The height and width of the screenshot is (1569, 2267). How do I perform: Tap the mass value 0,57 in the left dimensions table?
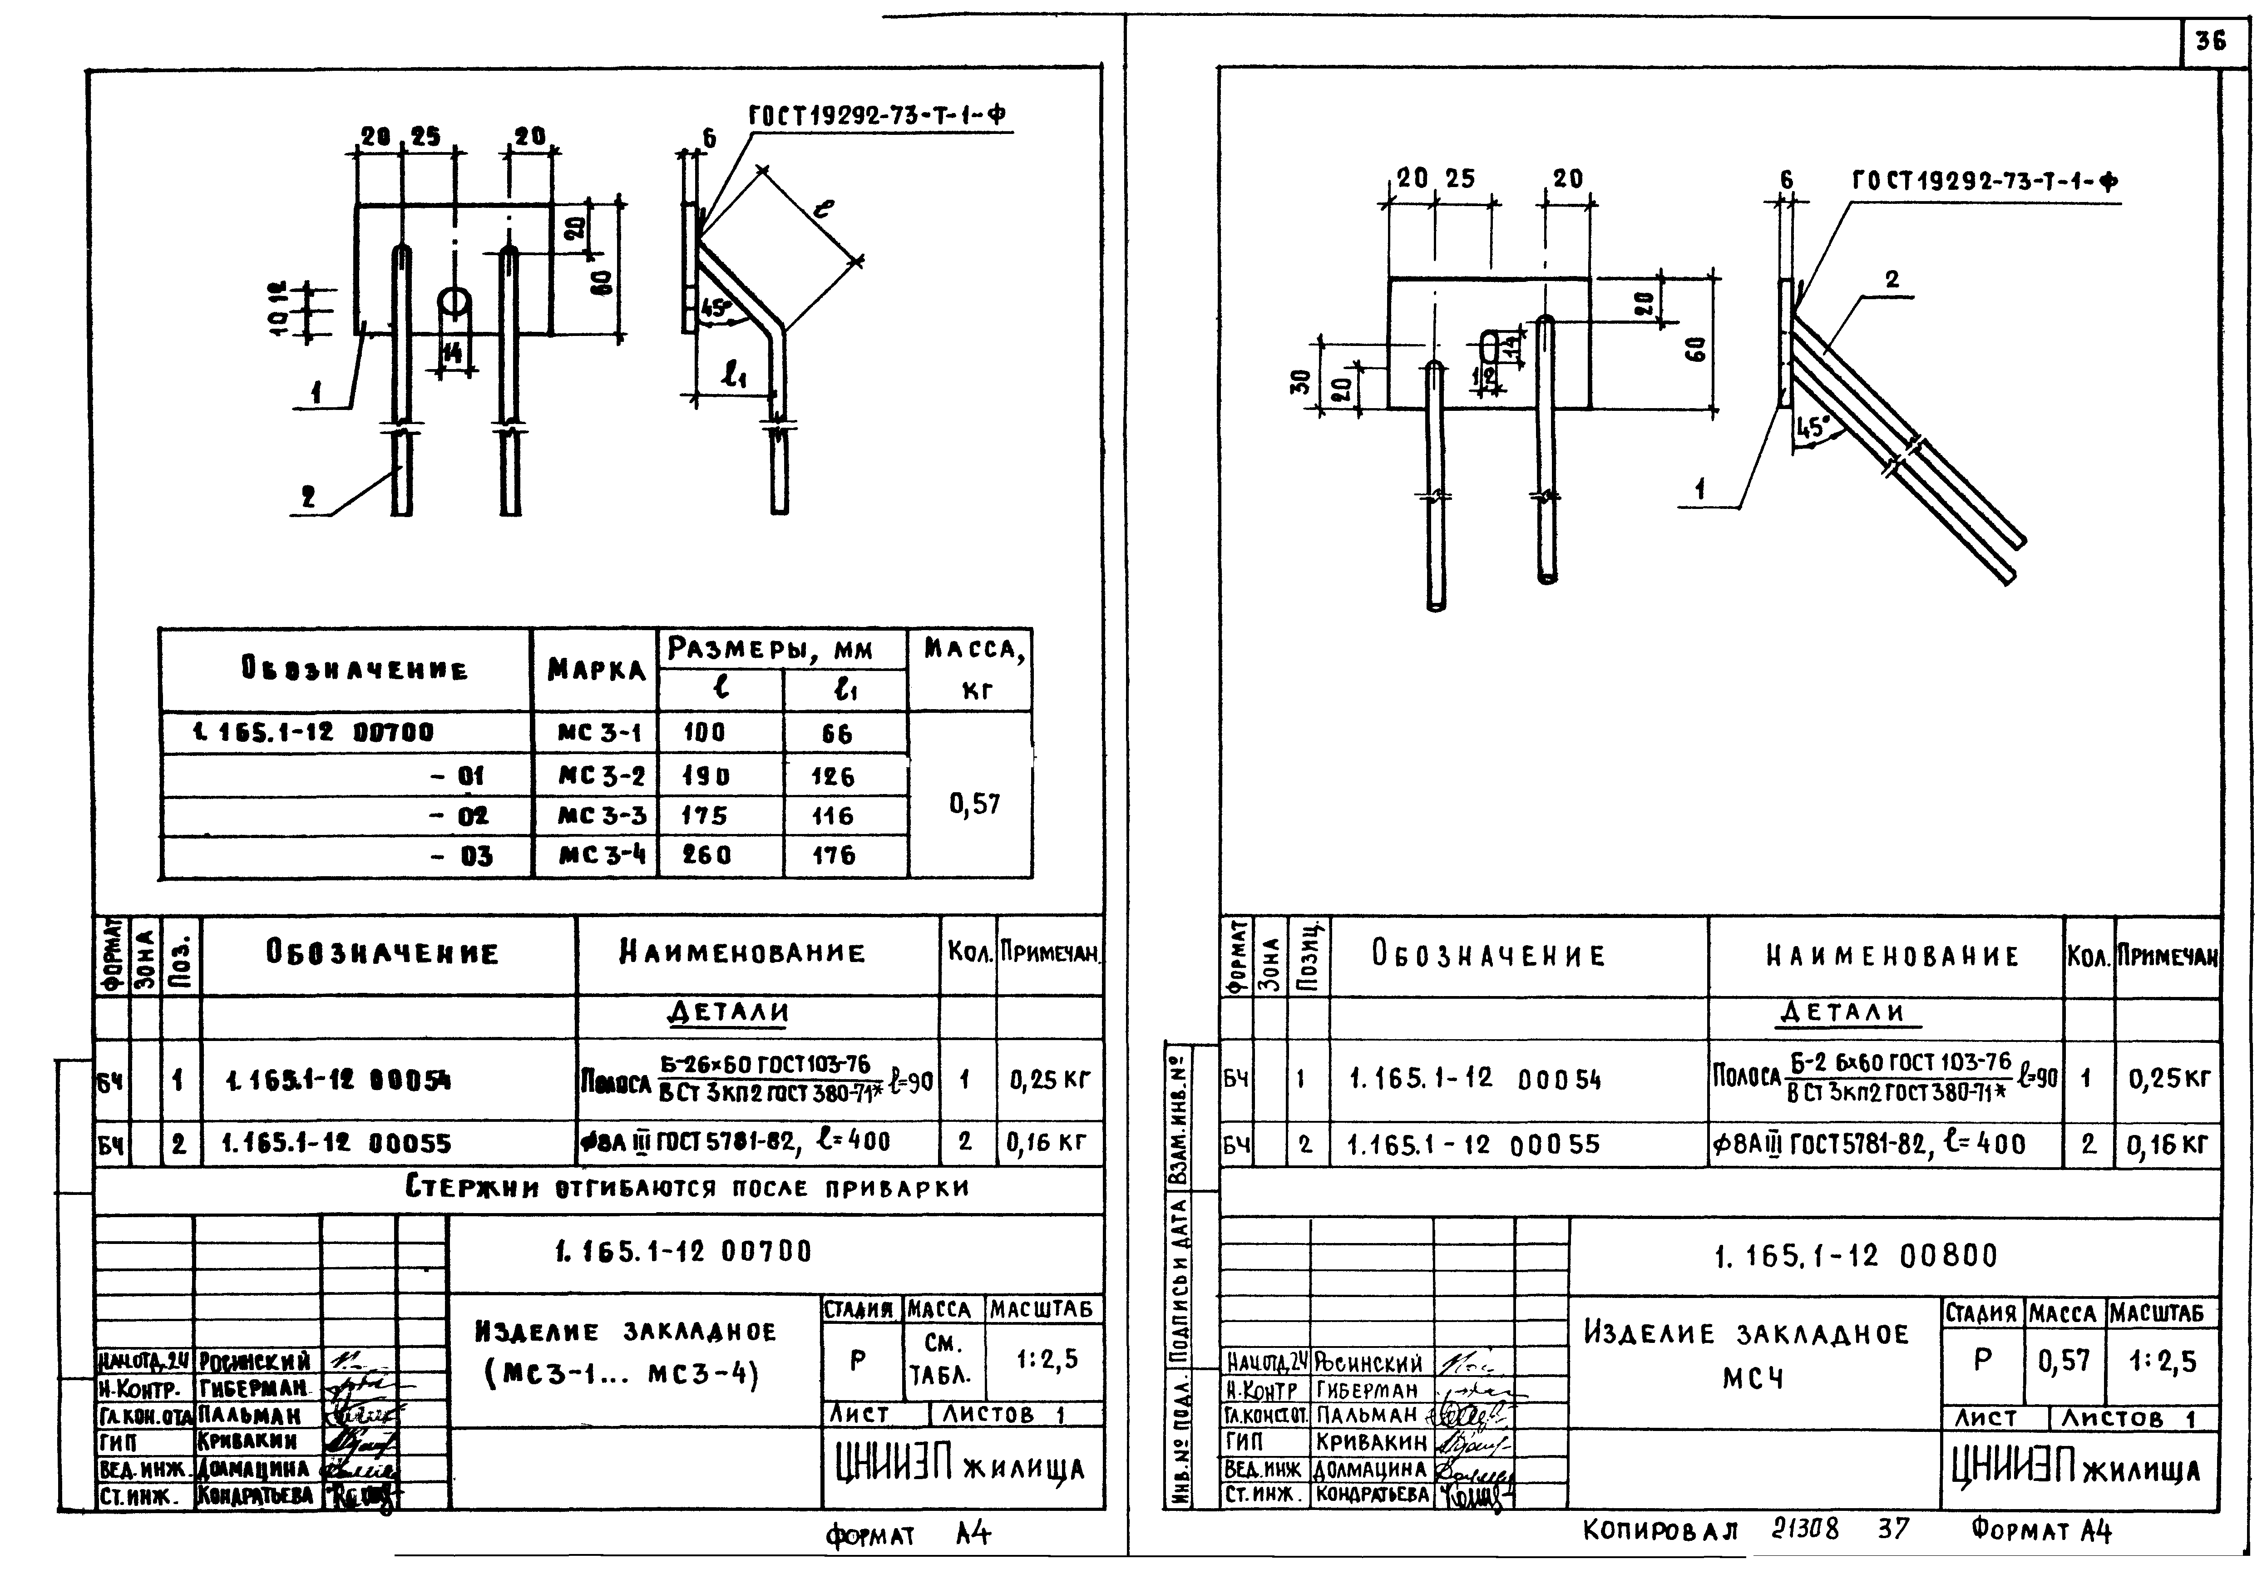973,804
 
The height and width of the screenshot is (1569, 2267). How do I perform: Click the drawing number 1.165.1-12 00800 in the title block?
1856,1256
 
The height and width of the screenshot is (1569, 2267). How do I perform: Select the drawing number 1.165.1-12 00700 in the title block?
683,1252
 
